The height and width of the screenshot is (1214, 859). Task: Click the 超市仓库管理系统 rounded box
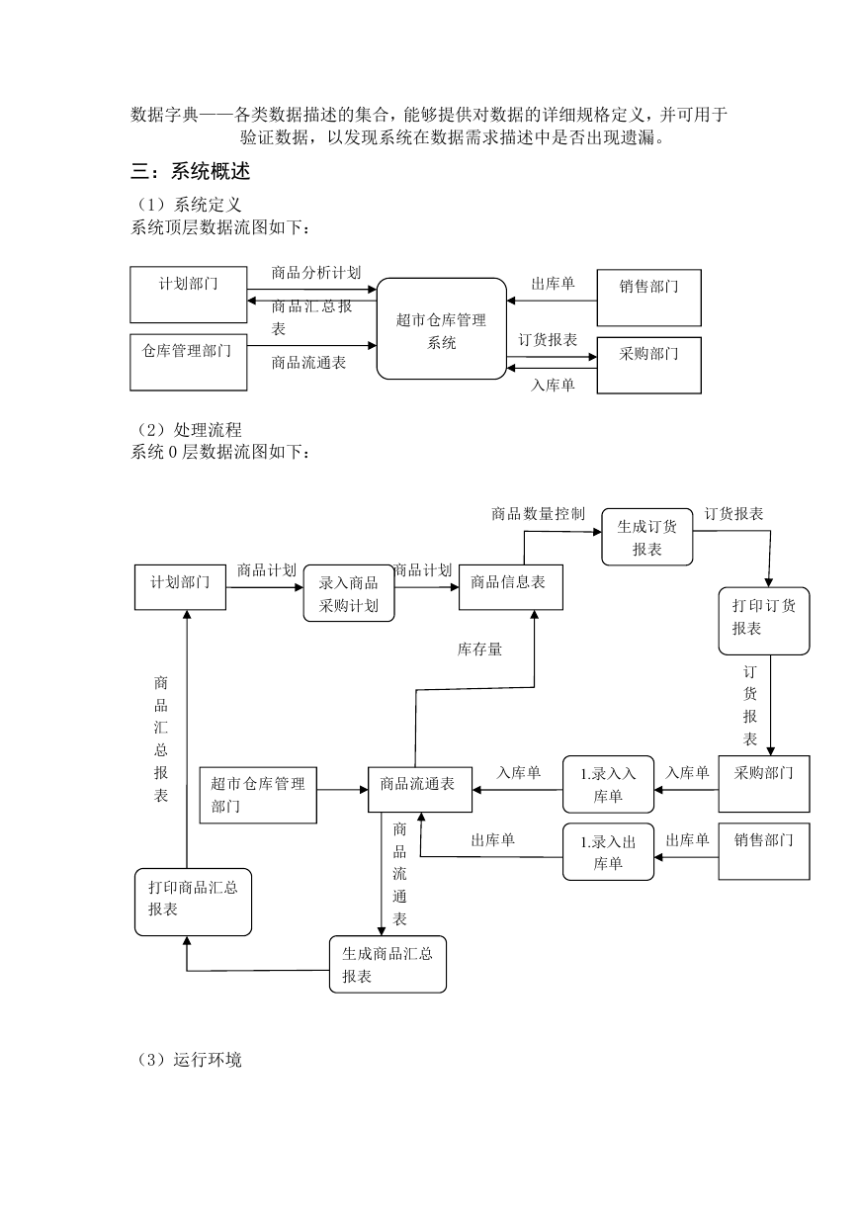point(441,328)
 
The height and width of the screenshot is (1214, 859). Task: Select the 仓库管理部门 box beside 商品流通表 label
point(189,362)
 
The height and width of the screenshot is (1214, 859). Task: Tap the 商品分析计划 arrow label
point(316,273)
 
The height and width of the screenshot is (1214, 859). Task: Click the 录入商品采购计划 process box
point(349,593)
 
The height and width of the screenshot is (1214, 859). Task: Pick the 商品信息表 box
point(510,587)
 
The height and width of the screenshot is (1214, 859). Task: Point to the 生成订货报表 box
point(647,537)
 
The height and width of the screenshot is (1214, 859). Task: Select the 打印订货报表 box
point(764,621)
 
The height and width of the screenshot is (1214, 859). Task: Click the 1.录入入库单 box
point(608,784)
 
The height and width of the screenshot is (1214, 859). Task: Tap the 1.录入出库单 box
point(608,852)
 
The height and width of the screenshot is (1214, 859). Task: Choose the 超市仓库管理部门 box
point(258,795)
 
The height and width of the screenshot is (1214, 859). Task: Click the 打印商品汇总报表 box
point(193,902)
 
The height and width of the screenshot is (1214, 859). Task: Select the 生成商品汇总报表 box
point(387,964)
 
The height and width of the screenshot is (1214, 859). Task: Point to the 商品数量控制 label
point(538,513)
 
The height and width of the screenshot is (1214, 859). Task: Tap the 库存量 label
point(479,649)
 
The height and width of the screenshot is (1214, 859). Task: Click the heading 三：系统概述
point(190,171)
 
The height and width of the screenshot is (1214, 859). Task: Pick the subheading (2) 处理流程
point(188,430)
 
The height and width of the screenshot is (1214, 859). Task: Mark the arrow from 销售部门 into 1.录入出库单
point(686,857)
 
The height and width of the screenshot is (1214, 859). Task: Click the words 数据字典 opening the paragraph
point(165,115)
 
